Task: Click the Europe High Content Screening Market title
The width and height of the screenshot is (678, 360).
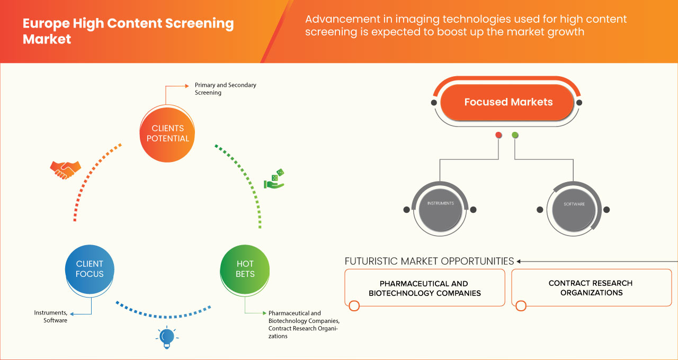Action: (128, 31)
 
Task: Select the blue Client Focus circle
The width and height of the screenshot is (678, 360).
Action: (90, 268)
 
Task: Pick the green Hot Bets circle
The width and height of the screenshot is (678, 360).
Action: (245, 269)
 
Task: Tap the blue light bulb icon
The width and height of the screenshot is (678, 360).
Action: (166, 337)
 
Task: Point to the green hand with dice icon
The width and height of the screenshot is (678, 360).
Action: (274, 179)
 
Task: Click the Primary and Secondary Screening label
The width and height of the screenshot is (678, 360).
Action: (225, 88)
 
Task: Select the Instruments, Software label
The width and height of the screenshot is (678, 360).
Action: (51, 317)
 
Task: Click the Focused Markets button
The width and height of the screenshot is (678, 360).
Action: (508, 102)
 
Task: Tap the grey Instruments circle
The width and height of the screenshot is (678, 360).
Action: (440, 204)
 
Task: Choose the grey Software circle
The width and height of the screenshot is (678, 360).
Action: (574, 204)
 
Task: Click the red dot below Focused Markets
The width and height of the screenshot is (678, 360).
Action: (498, 136)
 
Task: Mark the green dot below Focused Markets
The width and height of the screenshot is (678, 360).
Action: (515, 136)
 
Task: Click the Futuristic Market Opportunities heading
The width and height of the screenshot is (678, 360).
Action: (429, 261)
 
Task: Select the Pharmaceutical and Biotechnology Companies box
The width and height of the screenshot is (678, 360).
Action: (425, 288)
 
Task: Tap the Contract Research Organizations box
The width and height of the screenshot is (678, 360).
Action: (591, 288)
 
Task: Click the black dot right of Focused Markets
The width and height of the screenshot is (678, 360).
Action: (579, 102)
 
